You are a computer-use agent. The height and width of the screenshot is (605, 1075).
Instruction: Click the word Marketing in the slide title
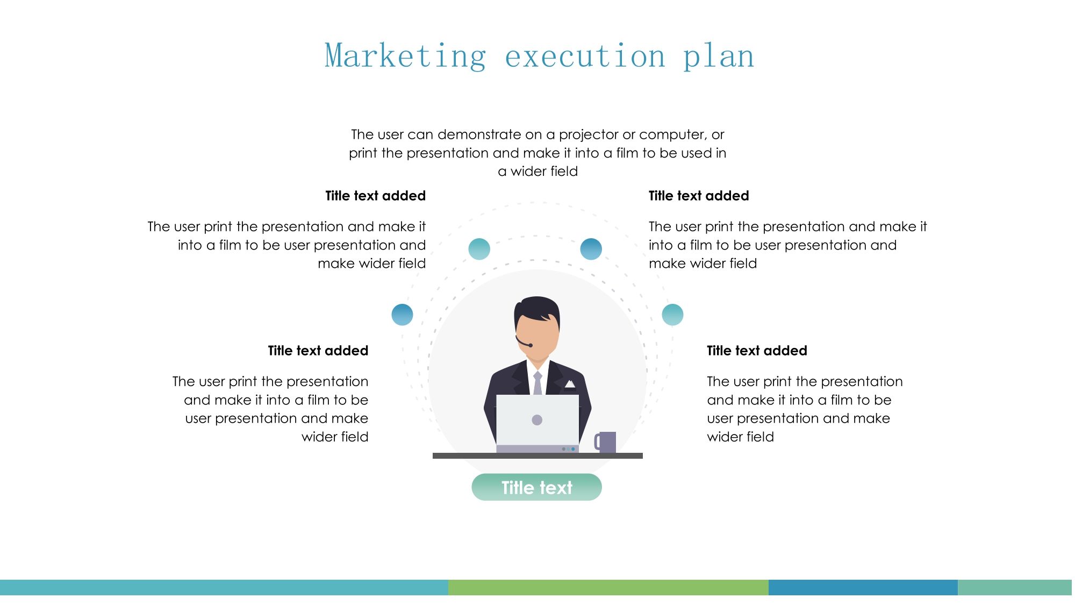[406, 56]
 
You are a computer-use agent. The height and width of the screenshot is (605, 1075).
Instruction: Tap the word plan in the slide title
[719, 56]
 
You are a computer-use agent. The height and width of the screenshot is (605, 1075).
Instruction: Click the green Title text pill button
[536, 487]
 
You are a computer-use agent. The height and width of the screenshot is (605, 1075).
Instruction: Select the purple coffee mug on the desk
[605, 442]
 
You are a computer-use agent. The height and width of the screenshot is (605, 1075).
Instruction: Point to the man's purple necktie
[537, 383]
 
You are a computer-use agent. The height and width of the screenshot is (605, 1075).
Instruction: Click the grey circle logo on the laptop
[537, 420]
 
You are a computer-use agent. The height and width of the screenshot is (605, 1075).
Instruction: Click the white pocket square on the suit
[570, 384]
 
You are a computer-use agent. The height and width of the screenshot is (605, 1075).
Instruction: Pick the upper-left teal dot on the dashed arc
[479, 249]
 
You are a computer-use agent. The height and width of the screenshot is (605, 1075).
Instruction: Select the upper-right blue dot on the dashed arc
[591, 249]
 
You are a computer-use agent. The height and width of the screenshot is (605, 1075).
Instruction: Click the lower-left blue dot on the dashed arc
[402, 315]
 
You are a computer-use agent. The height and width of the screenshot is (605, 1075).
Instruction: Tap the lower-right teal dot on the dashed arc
[672, 315]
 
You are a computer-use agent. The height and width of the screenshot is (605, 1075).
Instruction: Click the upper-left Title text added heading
[375, 196]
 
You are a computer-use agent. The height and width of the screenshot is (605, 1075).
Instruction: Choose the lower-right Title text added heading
[757, 351]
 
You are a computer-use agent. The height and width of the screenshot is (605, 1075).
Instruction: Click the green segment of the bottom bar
[608, 587]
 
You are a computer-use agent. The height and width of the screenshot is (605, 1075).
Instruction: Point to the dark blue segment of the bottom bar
[863, 587]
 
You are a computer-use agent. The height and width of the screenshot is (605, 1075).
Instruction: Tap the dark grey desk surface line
[537, 455]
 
